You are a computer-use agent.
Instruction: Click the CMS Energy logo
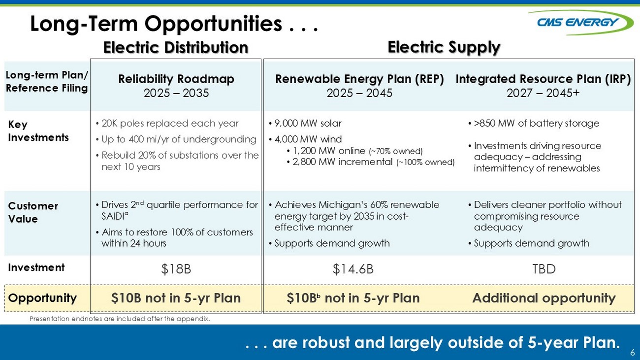[576, 23]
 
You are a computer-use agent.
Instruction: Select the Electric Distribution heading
[176, 47]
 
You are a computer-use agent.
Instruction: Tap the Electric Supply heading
[444, 47]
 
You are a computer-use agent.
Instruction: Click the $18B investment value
[176, 269]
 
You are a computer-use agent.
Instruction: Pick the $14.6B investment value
[353, 269]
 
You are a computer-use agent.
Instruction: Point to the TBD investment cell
[544, 269]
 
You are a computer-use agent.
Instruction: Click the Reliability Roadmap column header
[176, 79]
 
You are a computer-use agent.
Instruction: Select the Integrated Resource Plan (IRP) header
[543, 79]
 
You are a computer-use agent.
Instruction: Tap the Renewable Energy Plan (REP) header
[359, 79]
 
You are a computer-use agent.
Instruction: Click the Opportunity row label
[42, 298]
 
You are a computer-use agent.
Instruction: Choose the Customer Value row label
[33, 212]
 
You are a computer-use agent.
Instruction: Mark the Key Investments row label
[38, 131]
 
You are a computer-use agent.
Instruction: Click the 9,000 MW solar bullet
[305, 124]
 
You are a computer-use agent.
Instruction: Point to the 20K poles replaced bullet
[167, 124]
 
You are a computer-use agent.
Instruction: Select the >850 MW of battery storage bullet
[534, 124]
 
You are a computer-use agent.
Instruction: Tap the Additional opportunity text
[544, 298]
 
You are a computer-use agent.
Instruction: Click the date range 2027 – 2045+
[543, 93]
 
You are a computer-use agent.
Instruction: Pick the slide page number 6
[633, 352]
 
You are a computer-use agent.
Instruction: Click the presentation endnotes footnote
[120, 319]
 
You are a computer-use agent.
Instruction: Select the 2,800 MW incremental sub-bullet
[371, 162]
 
